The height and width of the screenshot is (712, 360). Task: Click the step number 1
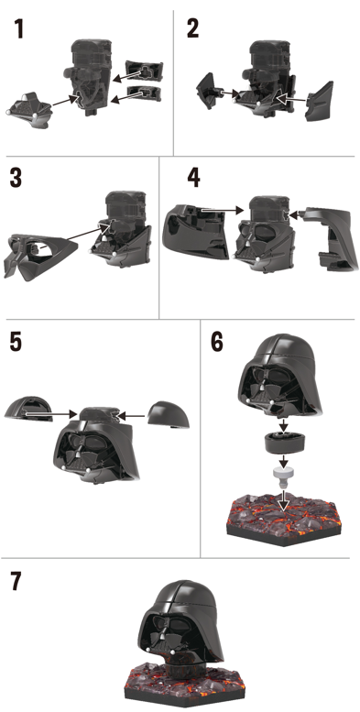tap(18, 29)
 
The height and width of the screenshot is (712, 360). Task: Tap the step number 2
tap(192, 29)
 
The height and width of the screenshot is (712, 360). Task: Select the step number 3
tap(16, 178)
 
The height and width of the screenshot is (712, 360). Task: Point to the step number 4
tap(193, 178)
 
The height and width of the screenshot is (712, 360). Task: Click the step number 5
tap(16, 342)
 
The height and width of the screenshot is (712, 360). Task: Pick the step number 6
tap(217, 342)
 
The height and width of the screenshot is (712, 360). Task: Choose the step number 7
tap(16, 581)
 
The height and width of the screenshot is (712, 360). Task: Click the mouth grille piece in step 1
tap(28, 109)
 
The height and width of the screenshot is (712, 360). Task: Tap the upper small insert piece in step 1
tap(144, 70)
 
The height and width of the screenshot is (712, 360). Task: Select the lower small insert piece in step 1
tap(145, 93)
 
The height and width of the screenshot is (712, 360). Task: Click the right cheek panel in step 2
tap(321, 102)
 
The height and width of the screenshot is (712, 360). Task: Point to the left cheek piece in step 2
tap(208, 92)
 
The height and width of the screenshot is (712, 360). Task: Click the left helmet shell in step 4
tap(194, 232)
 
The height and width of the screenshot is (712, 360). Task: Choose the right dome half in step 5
tap(169, 414)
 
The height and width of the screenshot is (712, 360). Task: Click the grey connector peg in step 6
tap(283, 477)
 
